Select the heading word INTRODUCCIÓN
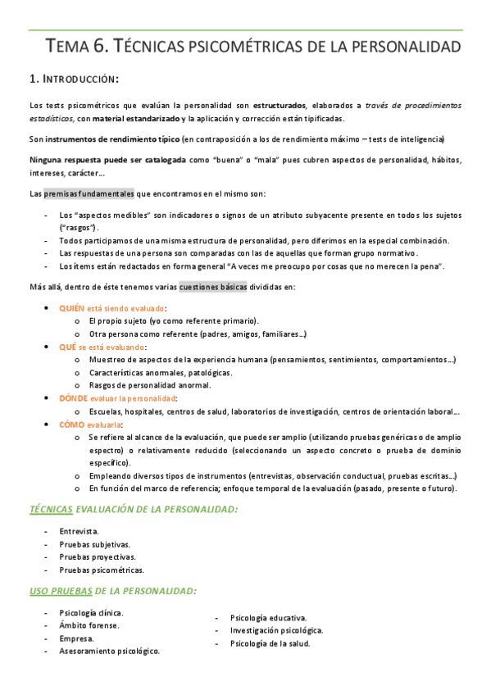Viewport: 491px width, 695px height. pos(80,79)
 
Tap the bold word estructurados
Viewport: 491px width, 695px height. pos(280,106)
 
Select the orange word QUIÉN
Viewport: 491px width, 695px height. pos(72,307)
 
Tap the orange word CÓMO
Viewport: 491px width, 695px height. pos(72,425)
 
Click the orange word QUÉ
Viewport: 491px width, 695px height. pos(68,347)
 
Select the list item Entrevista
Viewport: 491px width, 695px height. pos(79,531)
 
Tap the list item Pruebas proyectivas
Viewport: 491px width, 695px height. pos(98,556)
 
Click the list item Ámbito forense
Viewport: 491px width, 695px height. pos(89,625)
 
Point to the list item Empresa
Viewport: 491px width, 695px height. pos(76,638)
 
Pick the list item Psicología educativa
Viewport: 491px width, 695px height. pos(269,618)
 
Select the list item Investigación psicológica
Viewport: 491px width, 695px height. pos(276,630)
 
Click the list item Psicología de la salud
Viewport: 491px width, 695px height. pos(270,643)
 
